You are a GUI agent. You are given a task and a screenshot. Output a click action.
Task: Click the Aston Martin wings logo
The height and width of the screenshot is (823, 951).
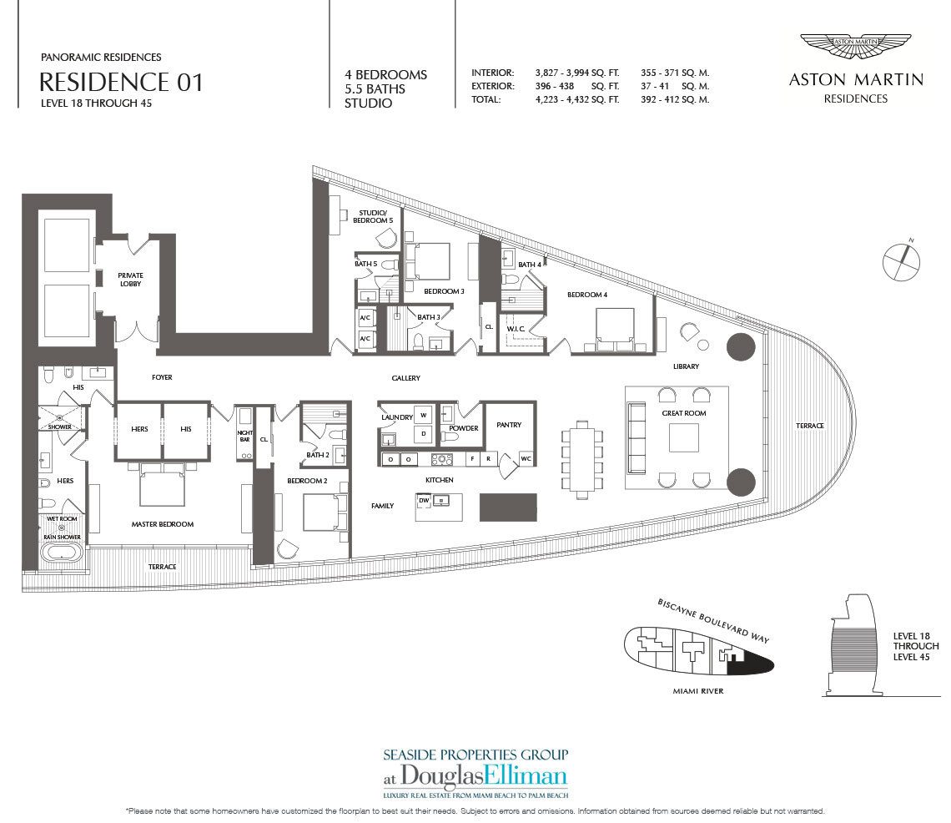coord(855,46)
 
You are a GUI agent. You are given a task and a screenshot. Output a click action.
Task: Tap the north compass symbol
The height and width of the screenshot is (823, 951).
coord(901,261)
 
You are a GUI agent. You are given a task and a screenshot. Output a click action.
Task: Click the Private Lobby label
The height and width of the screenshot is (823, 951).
coord(130,279)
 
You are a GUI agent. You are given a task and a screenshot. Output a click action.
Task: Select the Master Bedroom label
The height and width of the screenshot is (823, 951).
coord(163,524)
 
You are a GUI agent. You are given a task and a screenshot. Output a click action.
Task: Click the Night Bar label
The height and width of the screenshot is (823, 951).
coord(245,436)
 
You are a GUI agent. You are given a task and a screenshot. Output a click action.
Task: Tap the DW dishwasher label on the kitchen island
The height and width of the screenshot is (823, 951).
coord(424,500)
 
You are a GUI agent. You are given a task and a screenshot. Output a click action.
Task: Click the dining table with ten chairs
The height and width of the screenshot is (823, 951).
coord(582,459)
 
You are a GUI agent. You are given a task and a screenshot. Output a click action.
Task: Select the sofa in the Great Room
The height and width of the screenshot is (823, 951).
coord(637,437)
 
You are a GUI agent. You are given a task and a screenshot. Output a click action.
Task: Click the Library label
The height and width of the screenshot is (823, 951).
coord(686,366)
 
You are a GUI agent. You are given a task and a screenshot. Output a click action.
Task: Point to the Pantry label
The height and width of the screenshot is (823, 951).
coord(509,425)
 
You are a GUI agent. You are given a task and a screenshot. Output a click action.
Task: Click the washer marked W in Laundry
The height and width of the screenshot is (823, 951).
coord(423,415)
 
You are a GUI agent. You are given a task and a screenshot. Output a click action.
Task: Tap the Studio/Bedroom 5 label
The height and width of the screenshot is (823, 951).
coord(372,217)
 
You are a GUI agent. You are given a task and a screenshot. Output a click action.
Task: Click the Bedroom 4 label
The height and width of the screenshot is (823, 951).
coord(587,295)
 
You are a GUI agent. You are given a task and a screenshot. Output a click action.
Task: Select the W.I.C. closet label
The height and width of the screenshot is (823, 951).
coord(516,329)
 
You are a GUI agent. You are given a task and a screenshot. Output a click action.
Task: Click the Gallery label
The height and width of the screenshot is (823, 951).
coord(405,377)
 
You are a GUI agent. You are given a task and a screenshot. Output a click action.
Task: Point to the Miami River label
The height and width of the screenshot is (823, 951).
coord(698,690)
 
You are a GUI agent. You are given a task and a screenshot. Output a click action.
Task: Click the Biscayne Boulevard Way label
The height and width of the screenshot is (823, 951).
coord(713,620)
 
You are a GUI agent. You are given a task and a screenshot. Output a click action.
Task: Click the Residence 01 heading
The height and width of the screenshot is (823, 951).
coord(121,82)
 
